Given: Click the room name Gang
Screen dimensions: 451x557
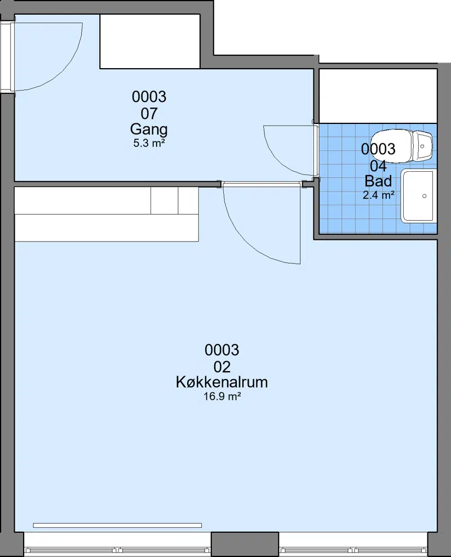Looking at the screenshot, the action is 149,130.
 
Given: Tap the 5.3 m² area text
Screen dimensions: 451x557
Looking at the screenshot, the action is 149,144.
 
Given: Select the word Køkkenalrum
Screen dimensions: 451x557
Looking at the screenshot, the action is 222,382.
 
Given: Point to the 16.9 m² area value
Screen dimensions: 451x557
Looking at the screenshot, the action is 222,396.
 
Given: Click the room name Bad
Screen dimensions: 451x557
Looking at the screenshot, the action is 378,181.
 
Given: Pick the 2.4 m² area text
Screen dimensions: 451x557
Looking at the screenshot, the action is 378,195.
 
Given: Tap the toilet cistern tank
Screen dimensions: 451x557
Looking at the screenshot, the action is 423,146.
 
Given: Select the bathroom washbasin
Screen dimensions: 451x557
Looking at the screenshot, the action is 418,196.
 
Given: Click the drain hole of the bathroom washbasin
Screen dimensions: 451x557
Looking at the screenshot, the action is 425,196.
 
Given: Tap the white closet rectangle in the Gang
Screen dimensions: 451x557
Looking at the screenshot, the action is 150,41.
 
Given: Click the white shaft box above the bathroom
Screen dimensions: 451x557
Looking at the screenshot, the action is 378,96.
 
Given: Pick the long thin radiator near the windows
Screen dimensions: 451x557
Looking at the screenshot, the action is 117,525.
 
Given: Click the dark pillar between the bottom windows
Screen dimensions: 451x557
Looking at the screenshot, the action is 245,544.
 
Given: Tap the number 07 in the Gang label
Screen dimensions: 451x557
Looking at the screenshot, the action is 149,114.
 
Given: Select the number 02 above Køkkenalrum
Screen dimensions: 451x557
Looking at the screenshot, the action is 222,367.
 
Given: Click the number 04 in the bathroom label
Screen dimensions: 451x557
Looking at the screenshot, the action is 378,166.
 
